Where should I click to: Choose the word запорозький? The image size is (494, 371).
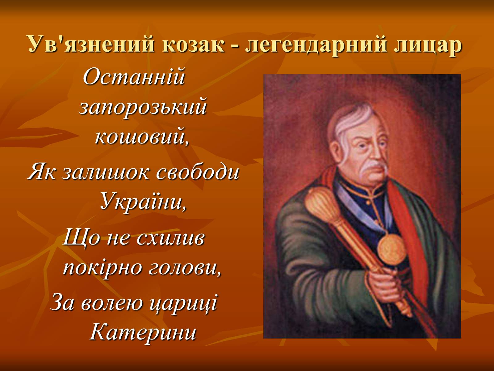143,108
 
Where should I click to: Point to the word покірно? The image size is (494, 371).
103,268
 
